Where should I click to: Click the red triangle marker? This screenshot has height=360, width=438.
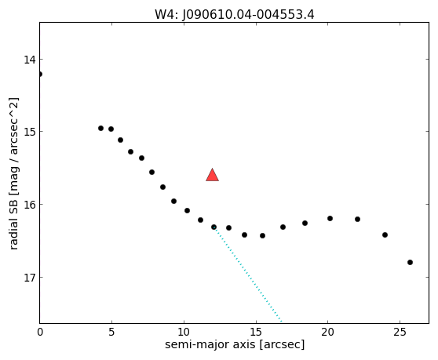212,175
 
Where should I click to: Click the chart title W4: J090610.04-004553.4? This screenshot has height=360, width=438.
235,14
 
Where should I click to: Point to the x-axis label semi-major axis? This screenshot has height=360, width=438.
210,344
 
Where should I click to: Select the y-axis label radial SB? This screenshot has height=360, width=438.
13,227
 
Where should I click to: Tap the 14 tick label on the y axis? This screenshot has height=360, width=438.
30,60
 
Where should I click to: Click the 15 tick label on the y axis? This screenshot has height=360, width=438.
30,132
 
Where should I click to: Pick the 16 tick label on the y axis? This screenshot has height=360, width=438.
30,204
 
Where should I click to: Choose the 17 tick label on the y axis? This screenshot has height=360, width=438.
30,278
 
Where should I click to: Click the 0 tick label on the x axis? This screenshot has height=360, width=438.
40,332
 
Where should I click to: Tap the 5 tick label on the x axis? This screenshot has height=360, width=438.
111,332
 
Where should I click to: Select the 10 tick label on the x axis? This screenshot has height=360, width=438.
184,332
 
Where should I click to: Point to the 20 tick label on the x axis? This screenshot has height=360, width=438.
327,332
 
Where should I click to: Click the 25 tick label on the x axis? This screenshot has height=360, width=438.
400,332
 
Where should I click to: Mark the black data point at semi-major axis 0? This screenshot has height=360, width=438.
40,74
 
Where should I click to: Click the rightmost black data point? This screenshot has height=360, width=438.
410,262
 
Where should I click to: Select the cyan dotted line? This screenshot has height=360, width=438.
248,275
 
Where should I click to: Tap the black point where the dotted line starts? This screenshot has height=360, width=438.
214,227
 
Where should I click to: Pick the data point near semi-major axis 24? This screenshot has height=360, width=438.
385,235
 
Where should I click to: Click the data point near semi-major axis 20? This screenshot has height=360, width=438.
330,219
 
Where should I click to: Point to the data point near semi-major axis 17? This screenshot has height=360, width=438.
283,227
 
